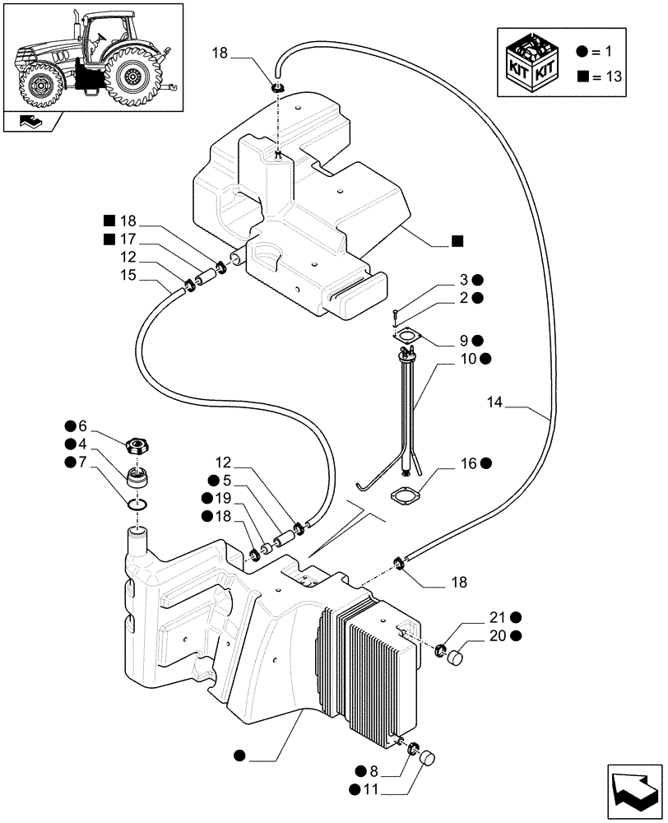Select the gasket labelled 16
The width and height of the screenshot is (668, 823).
[x=402, y=499]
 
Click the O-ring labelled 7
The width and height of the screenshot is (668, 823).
[x=139, y=504]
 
